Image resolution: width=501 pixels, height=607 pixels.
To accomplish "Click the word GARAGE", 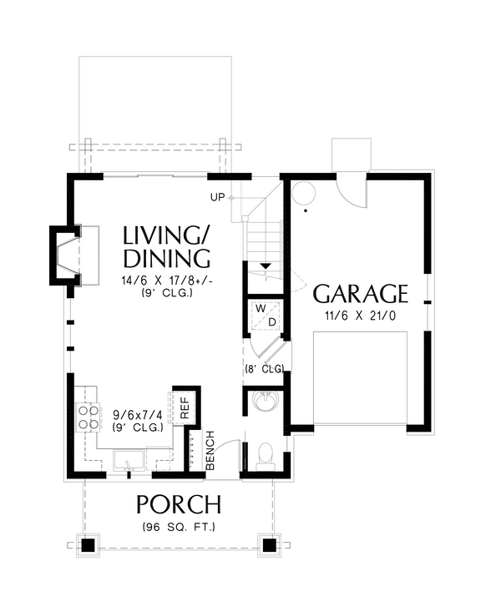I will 360,294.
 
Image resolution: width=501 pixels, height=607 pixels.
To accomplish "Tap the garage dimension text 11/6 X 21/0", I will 360,316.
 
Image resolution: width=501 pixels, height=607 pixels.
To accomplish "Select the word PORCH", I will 179,505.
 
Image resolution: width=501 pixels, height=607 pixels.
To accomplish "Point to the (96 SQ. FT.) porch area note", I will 179,527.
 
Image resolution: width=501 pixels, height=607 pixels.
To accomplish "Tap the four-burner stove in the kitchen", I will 86,416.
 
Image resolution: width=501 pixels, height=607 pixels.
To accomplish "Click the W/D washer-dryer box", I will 265,316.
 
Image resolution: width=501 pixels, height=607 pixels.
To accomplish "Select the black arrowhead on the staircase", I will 266,266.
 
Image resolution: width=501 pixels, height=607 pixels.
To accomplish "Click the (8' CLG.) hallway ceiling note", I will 266,368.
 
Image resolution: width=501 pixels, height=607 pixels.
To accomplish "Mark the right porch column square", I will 269,544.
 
